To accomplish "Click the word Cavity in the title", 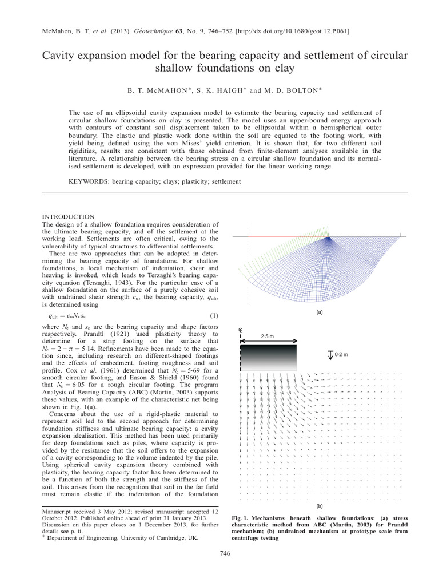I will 59,56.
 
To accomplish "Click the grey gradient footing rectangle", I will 268,358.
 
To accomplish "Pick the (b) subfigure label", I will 319,506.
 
